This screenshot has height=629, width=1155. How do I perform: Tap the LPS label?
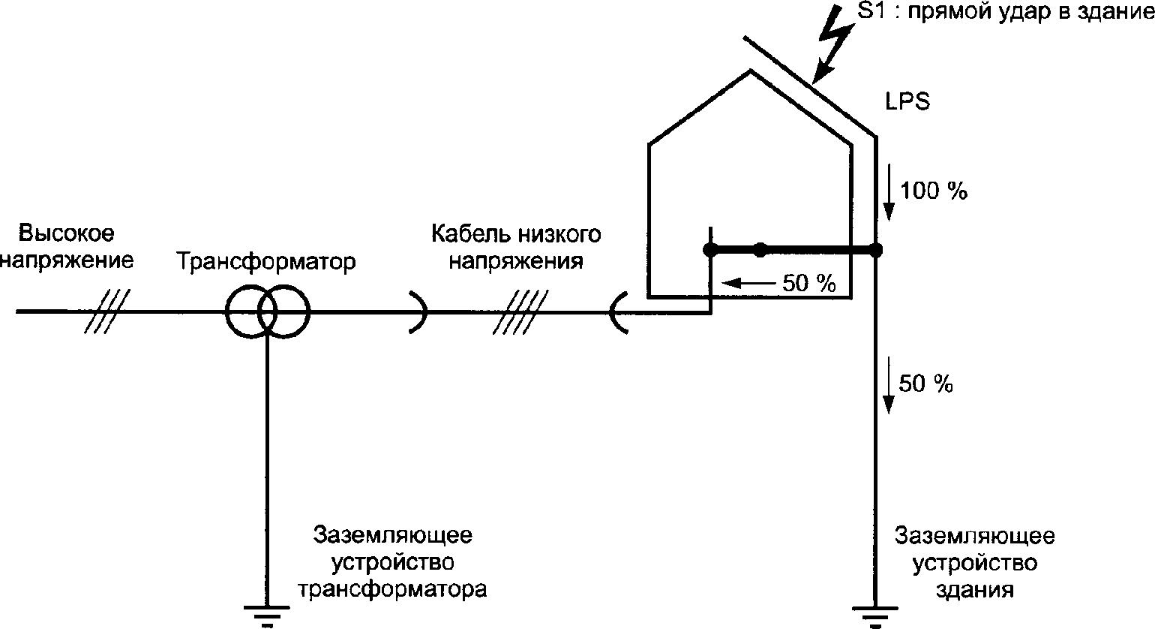pyautogui.click(x=907, y=102)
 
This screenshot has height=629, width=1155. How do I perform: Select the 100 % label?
pyautogui.click(x=934, y=191)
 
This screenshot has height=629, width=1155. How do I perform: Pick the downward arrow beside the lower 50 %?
pyautogui.click(x=889, y=386)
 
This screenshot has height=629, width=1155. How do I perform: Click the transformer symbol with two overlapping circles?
pyautogui.click(x=267, y=311)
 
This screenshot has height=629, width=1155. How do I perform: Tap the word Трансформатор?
pyautogui.click(x=266, y=263)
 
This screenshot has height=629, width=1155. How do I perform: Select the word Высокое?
pyautogui.click(x=67, y=233)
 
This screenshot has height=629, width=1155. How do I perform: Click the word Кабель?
pyautogui.click(x=470, y=234)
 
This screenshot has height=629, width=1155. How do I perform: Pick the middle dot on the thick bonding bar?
pyautogui.click(x=760, y=249)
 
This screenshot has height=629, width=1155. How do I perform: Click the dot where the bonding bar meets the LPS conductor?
pyautogui.click(x=874, y=249)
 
